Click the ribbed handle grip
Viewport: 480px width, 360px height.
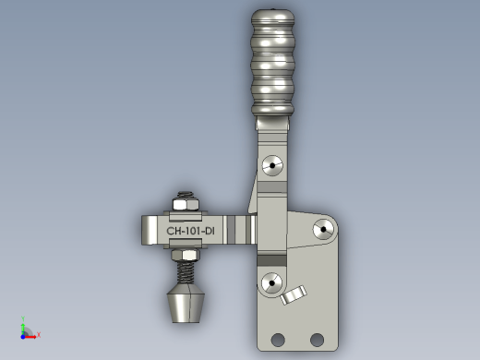[272, 63]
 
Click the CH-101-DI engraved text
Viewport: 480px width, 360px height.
[190, 231]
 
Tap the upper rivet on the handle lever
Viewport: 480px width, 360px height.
[272, 165]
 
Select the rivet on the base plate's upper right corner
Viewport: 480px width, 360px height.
[323, 229]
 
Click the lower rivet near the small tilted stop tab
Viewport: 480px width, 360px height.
[271, 283]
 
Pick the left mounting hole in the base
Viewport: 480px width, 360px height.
[278, 340]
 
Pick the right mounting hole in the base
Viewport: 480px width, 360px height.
[317, 340]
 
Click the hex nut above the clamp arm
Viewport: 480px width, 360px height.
[186, 205]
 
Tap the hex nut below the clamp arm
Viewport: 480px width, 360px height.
[186, 255]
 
